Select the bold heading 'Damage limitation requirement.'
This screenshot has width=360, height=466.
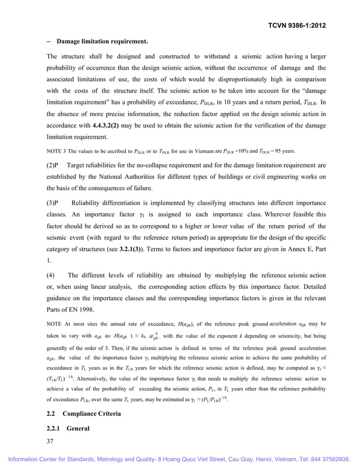(102, 42)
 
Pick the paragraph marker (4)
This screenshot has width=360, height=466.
(51, 275)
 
